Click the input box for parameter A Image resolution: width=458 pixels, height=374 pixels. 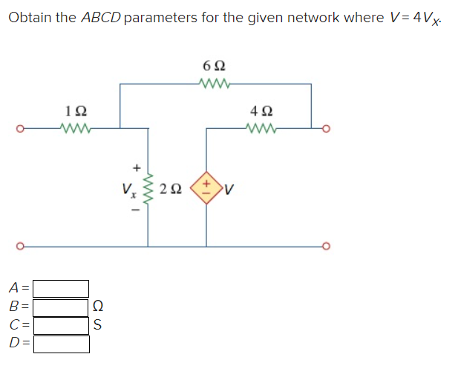point(61,288)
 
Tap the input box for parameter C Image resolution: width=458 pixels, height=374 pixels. point(61,325)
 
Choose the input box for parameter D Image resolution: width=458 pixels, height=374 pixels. point(61,344)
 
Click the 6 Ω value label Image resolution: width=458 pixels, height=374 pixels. point(215,67)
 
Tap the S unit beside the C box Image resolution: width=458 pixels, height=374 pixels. point(98,325)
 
